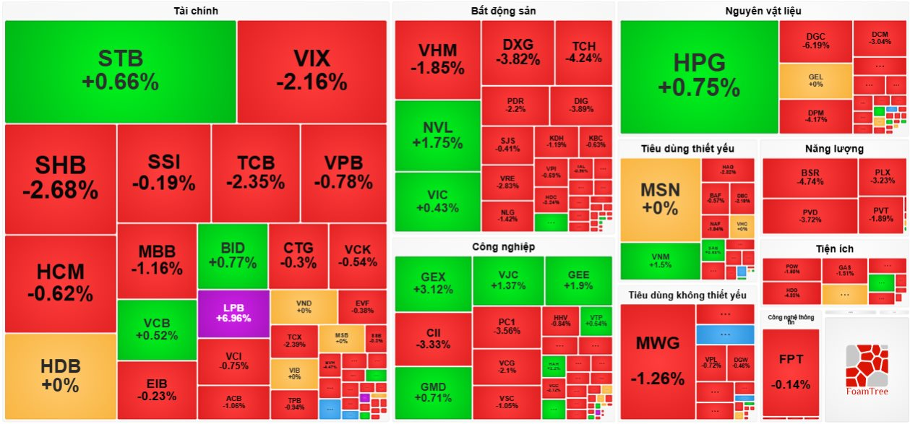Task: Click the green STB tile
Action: (x=120, y=71)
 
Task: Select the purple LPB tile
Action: (x=233, y=313)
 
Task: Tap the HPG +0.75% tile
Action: (x=698, y=76)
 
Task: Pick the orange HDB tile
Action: (x=60, y=376)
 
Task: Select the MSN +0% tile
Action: (x=660, y=199)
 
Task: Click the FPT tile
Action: (x=791, y=371)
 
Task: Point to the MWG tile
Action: (x=657, y=361)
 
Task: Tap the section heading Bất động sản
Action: (x=503, y=11)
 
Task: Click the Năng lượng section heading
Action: (x=833, y=149)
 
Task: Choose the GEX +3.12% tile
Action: (x=433, y=282)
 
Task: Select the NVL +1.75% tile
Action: (x=437, y=136)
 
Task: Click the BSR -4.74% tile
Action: (x=810, y=178)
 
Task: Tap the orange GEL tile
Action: (x=815, y=81)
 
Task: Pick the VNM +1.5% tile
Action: (x=660, y=261)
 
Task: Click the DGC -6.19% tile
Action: (x=815, y=41)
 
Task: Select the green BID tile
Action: (x=232, y=256)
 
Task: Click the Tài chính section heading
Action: (x=196, y=11)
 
